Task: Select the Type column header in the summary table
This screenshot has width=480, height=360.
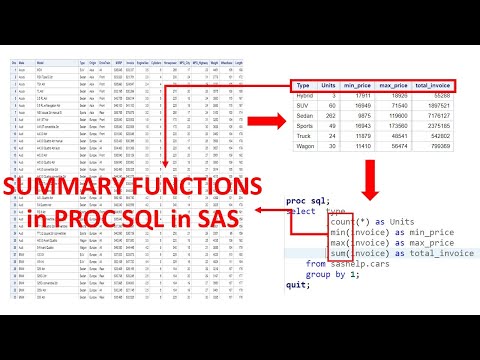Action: (x=304, y=87)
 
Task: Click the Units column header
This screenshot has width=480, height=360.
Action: (x=331, y=87)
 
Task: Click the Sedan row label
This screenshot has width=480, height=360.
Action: (x=306, y=115)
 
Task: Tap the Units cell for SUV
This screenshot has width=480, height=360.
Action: (x=334, y=104)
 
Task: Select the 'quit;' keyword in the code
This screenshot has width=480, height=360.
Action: (x=297, y=285)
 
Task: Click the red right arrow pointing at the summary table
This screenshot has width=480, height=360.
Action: (x=265, y=122)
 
